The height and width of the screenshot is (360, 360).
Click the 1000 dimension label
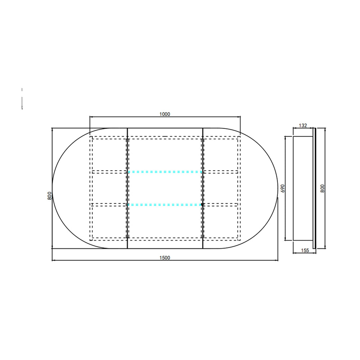[165, 114]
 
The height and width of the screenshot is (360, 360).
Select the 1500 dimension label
[165, 258]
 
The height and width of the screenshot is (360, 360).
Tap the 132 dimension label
[303, 126]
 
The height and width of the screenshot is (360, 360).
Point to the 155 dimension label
[305, 251]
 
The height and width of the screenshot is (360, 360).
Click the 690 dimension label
[283, 188]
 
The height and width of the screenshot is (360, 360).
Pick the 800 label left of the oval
[49, 196]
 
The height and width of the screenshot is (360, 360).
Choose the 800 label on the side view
[322, 189]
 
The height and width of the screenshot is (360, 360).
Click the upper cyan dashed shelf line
[165, 172]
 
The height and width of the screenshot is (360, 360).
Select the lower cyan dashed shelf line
[165, 204]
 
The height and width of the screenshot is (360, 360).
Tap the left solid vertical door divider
[127, 188]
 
